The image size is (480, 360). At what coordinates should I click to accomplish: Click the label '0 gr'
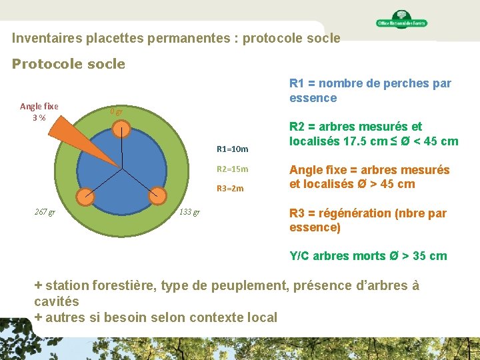coord(116,112)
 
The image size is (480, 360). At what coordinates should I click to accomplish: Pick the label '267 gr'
coord(45,213)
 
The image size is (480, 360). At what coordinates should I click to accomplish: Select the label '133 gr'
coord(189,213)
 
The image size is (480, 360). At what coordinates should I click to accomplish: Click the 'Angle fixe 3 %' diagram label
coord(39,112)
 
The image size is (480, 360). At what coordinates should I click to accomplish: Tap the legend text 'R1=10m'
coord(233,149)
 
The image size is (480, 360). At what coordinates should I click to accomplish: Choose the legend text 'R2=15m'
coord(233,169)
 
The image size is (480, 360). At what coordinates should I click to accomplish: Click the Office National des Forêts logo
coord(401,20)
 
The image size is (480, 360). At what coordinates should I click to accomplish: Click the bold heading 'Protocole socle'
coord(69,64)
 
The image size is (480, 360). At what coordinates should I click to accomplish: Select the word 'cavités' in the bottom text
coord(61,301)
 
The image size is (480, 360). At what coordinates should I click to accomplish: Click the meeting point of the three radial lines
coord(121,168)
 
